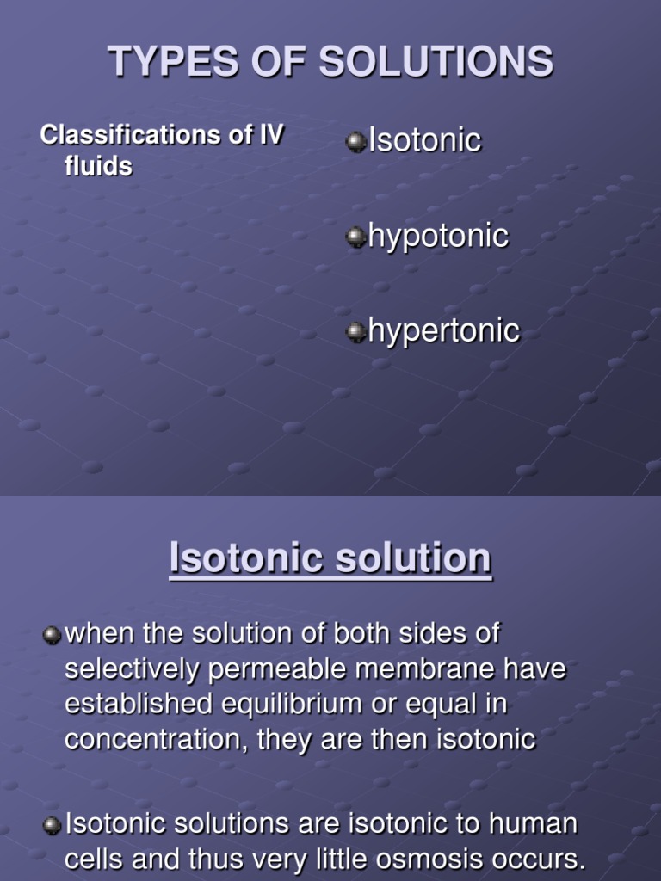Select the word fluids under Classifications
point(98,165)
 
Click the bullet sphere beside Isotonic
point(356,141)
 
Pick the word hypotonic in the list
point(438,237)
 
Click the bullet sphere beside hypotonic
point(356,237)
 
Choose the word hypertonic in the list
point(443,331)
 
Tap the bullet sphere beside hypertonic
point(356,332)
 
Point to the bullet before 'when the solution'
point(53,635)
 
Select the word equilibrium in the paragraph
point(306,705)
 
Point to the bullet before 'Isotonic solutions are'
point(53,825)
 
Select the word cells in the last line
point(96,859)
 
